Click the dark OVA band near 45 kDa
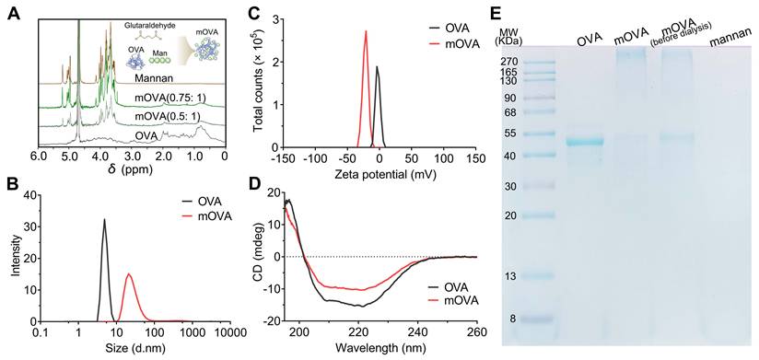[584, 142]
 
